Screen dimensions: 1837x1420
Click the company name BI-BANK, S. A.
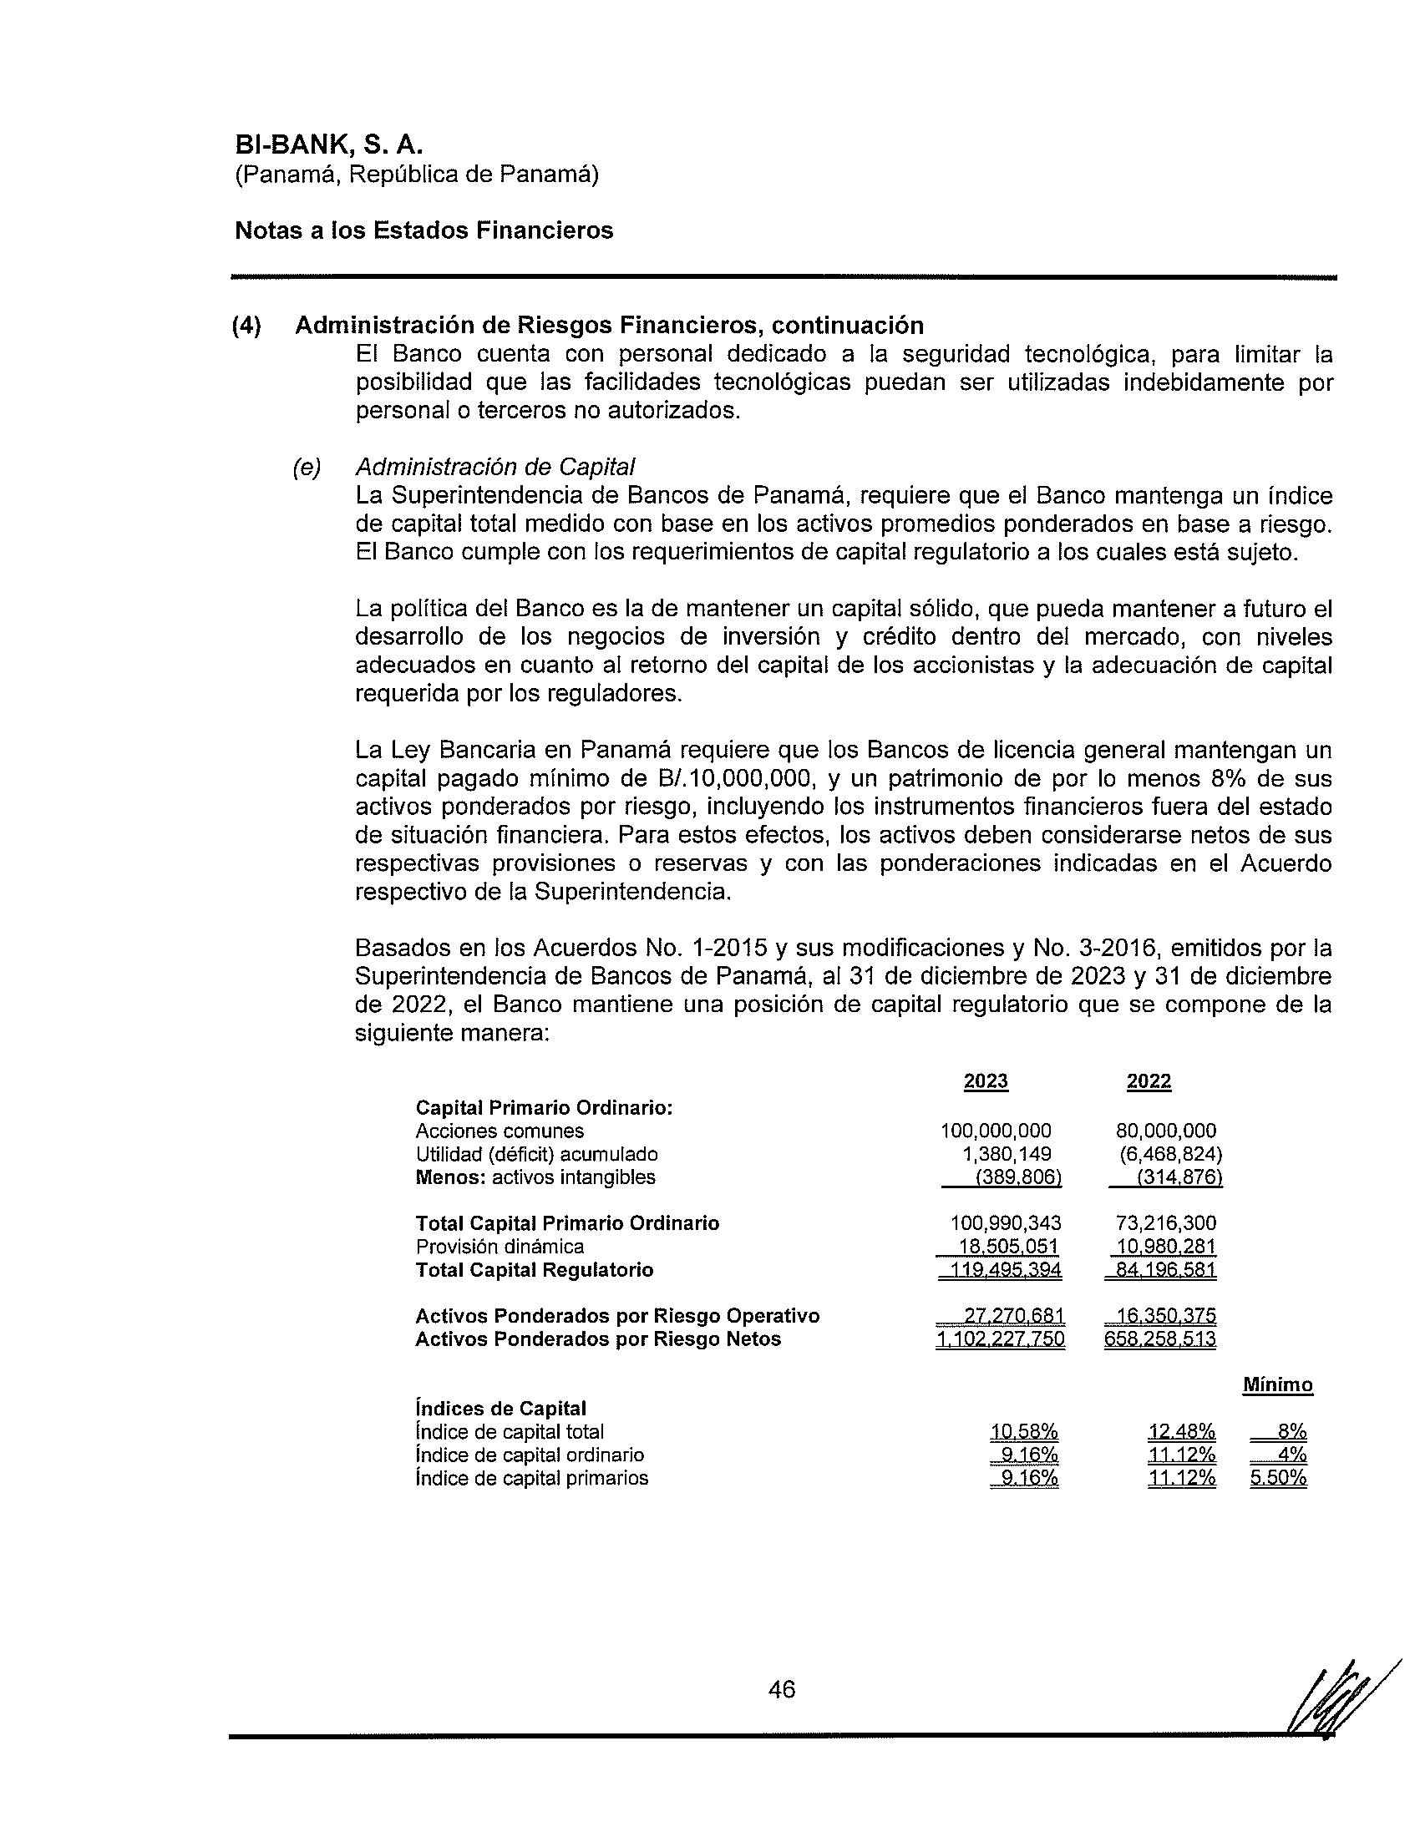[x=327, y=144]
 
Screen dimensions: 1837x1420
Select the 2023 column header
[x=986, y=1080]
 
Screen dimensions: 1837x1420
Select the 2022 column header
[x=1149, y=1080]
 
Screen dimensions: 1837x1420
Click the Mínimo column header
[x=1278, y=1384]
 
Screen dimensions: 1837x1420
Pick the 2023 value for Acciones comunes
[x=996, y=1131]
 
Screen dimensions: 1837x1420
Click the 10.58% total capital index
[x=1024, y=1431]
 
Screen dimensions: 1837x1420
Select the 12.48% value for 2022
[x=1182, y=1431]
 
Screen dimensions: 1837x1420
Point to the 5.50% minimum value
[x=1278, y=1478]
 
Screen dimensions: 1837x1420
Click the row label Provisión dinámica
[x=500, y=1246]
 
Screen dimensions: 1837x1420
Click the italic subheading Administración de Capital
[x=494, y=466]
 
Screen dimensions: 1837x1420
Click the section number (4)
[x=247, y=326]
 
